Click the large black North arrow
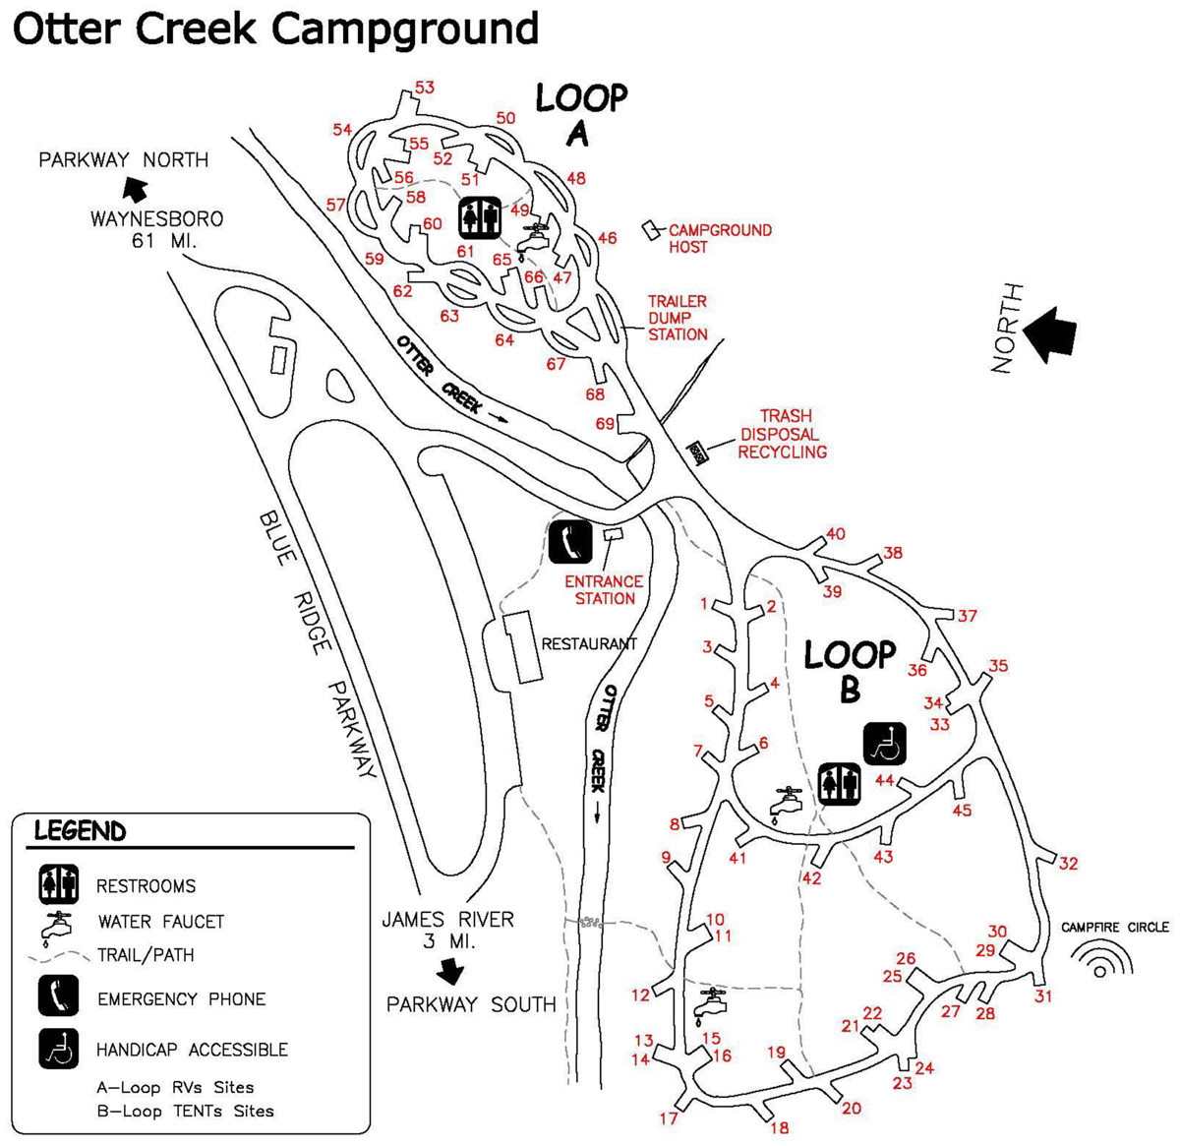pos(1049,332)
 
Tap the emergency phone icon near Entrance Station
pos(570,541)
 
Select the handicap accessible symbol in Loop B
pos(884,743)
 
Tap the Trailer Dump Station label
pos(677,318)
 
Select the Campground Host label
pos(720,238)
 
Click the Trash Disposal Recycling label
pos(783,434)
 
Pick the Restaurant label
pos(589,643)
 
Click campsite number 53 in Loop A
pos(424,88)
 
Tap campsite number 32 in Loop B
pos(1068,864)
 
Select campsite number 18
pos(779,1127)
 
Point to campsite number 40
pos(835,534)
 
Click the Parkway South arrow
pos(450,972)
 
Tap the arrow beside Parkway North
pos(135,189)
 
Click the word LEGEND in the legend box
pos(80,831)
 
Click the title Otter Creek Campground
pos(275,29)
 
